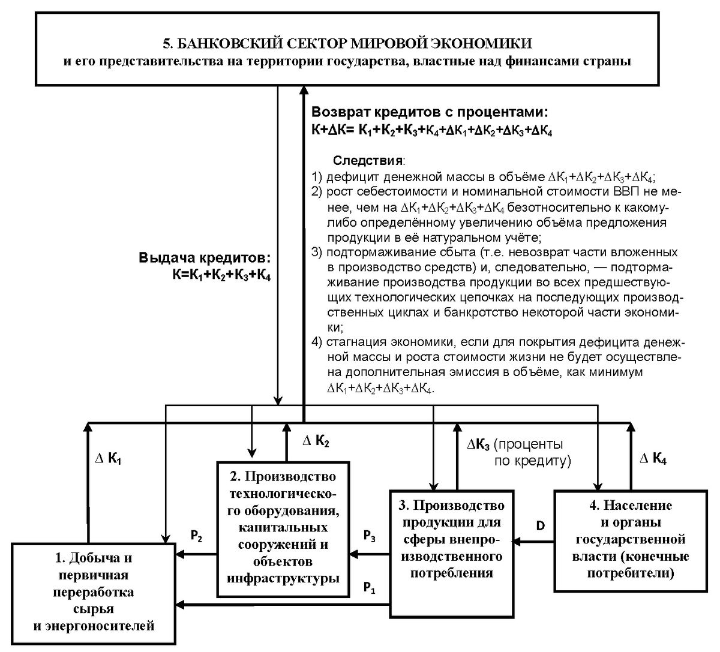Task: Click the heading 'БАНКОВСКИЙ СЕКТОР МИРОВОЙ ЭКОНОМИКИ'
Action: (x=348, y=43)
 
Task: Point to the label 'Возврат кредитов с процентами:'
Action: (x=430, y=113)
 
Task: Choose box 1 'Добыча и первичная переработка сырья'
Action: (x=93, y=591)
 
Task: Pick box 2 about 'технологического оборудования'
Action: (x=283, y=528)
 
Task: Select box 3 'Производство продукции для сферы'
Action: (x=452, y=539)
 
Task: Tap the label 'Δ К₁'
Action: (x=109, y=459)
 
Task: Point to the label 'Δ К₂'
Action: (x=315, y=441)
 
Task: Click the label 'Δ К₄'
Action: (x=653, y=459)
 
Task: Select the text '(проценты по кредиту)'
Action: (x=531, y=453)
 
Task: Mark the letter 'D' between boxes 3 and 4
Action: (x=540, y=526)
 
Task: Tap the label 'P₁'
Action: (x=370, y=588)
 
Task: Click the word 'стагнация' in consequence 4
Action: (x=355, y=343)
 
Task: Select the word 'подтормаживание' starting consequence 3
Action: (x=373, y=252)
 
